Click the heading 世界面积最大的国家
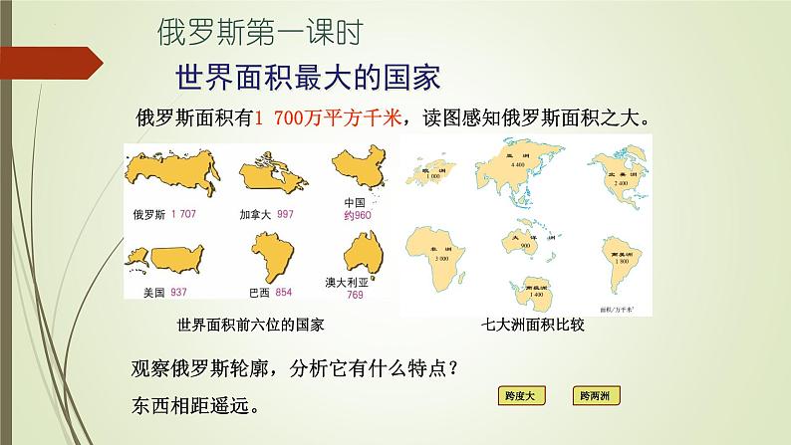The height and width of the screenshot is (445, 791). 308,77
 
